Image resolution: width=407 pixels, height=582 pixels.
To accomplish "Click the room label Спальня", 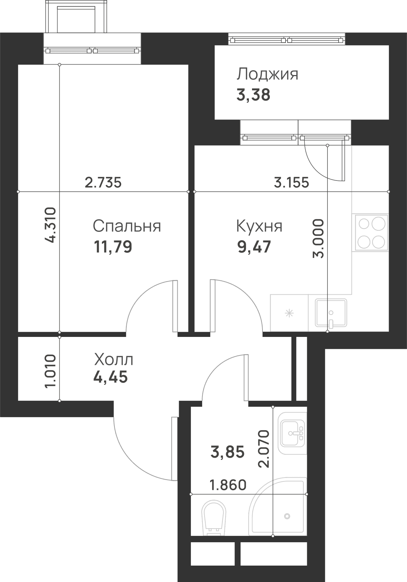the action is pyautogui.click(x=127, y=226).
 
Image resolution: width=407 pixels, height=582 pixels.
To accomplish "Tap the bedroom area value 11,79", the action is pyautogui.click(x=113, y=247).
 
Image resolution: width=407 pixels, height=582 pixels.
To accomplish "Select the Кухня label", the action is pyautogui.click(x=259, y=226).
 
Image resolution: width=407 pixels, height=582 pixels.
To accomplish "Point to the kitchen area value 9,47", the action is pyautogui.click(x=254, y=247).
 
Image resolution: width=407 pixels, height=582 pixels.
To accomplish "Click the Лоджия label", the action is pyautogui.click(x=267, y=74).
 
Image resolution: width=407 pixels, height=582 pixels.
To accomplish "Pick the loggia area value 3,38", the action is pyautogui.click(x=253, y=95).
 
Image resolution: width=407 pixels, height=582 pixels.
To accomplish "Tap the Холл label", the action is pyautogui.click(x=113, y=360).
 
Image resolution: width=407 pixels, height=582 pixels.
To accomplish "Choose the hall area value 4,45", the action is pyautogui.click(x=110, y=377).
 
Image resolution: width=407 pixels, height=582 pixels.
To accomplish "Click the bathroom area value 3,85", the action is pyautogui.click(x=228, y=452).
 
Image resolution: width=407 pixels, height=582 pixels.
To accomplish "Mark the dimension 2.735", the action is pyautogui.click(x=103, y=182).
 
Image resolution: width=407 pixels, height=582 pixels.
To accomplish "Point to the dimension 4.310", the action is pyautogui.click(x=50, y=225).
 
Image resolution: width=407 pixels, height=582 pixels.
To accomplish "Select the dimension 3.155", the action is pyautogui.click(x=291, y=182).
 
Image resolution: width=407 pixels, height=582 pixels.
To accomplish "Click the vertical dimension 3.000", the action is pyautogui.click(x=318, y=238).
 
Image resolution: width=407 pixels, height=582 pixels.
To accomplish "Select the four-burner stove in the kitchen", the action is pyautogui.click(x=370, y=233).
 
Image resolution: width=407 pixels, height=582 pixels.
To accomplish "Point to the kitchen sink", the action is pyautogui.click(x=331, y=313).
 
